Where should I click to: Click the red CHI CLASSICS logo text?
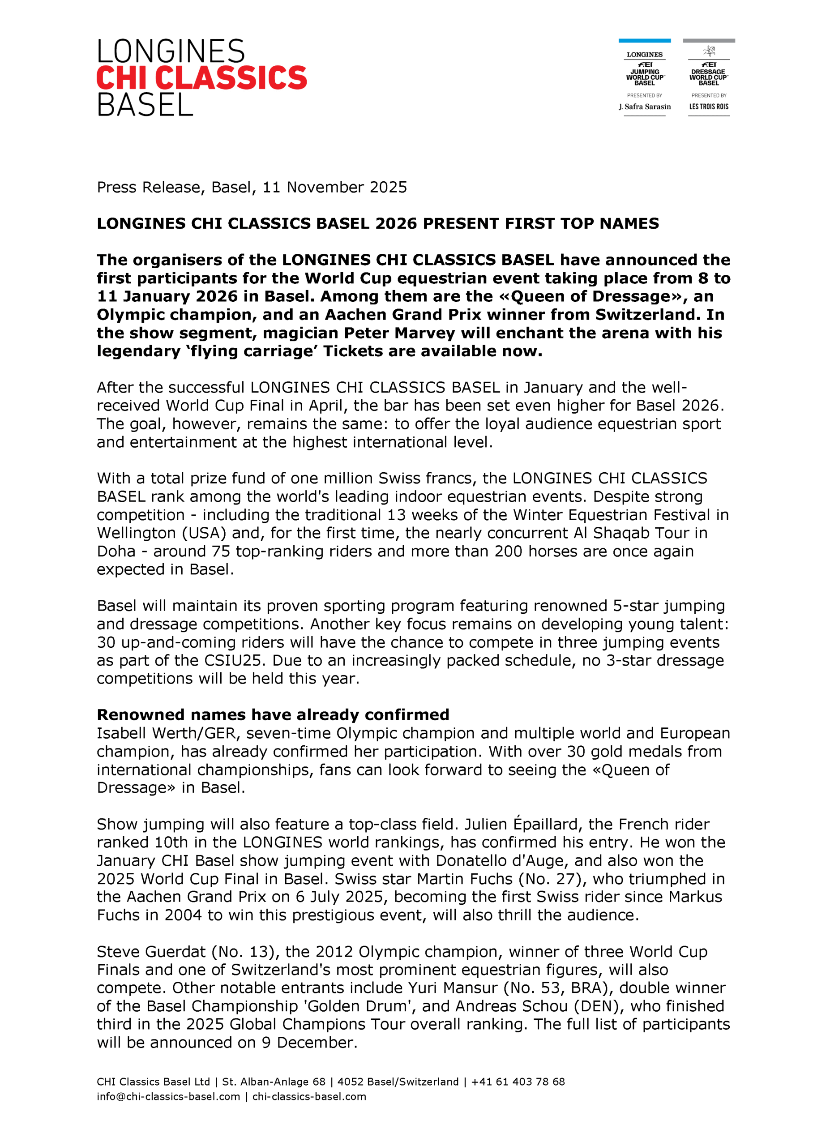point(201,77)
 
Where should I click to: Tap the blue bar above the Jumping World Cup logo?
point(644,41)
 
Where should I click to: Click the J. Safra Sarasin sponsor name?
point(645,107)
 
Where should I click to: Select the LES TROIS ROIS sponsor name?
point(708,107)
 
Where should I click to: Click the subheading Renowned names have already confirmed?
point(273,714)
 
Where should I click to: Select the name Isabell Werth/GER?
point(166,733)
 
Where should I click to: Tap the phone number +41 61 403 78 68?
point(518,1082)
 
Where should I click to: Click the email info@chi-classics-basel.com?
point(168,1097)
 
